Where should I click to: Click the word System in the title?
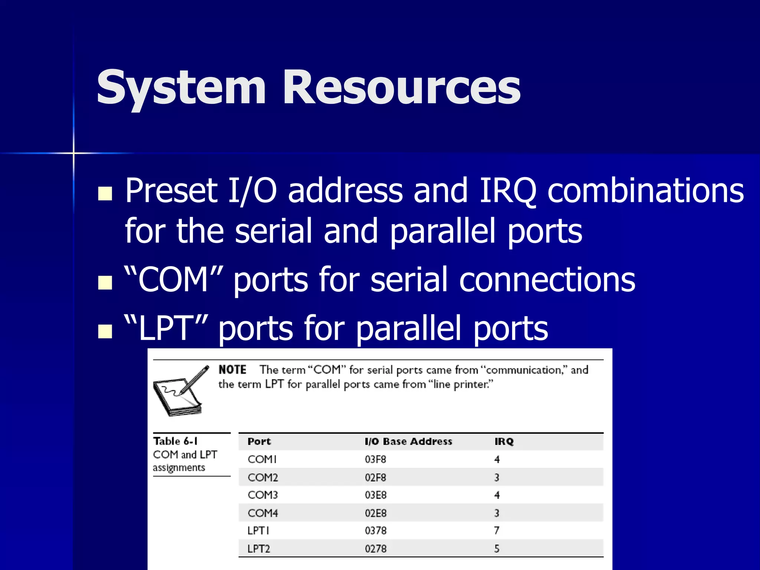181,88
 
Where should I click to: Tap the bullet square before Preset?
105,193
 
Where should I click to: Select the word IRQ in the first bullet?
508,191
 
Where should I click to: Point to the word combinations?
646,191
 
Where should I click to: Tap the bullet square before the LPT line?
105,331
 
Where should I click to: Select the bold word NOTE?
232,370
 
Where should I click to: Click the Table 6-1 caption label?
175,441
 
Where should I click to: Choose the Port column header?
259,442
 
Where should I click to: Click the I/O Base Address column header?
408,442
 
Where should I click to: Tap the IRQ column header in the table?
504,442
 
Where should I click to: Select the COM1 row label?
262,459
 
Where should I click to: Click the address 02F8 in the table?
375,477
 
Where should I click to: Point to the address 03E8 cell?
375,495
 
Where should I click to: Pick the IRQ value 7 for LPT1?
497,531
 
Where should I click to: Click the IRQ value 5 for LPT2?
497,548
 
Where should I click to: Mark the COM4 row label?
263,513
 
